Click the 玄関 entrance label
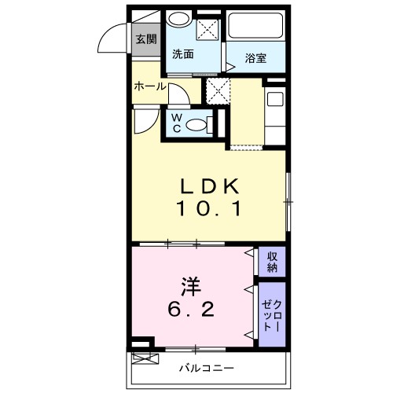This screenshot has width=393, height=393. click(x=145, y=39)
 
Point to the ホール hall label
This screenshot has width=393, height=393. click(x=149, y=86)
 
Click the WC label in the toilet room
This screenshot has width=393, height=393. click(x=177, y=123)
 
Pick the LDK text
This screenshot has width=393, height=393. click(x=210, y=186)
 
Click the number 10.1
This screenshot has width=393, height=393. click(x=210, y=209)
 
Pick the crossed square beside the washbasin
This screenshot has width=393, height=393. click(x=208, y=30)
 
